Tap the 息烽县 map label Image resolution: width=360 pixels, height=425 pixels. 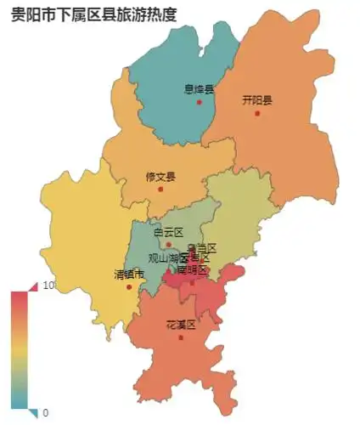click(200, 88)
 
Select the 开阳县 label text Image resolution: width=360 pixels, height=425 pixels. click(257, 99)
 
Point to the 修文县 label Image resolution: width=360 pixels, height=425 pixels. click(160, 177)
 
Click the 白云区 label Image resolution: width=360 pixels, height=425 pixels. click(168, 232)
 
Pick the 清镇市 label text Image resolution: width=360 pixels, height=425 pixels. click(129, 274)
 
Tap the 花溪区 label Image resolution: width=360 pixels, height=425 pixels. click(181, 325)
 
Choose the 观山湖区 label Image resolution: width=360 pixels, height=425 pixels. click(168, 258)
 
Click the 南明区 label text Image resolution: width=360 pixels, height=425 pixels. click(192, 269)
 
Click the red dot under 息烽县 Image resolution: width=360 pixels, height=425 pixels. click(200, 102)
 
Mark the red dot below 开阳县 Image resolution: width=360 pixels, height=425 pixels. click(257, 113)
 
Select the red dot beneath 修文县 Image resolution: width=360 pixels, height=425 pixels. click(160, 189)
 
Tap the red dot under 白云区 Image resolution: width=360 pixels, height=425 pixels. click(168, 244)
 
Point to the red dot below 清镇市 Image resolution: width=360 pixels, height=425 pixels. click(129, 286)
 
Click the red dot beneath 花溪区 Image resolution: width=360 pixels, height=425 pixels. click(181, 337)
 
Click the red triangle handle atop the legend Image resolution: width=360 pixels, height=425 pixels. click(32, 286)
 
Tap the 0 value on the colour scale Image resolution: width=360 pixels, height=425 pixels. click(45, 413)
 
